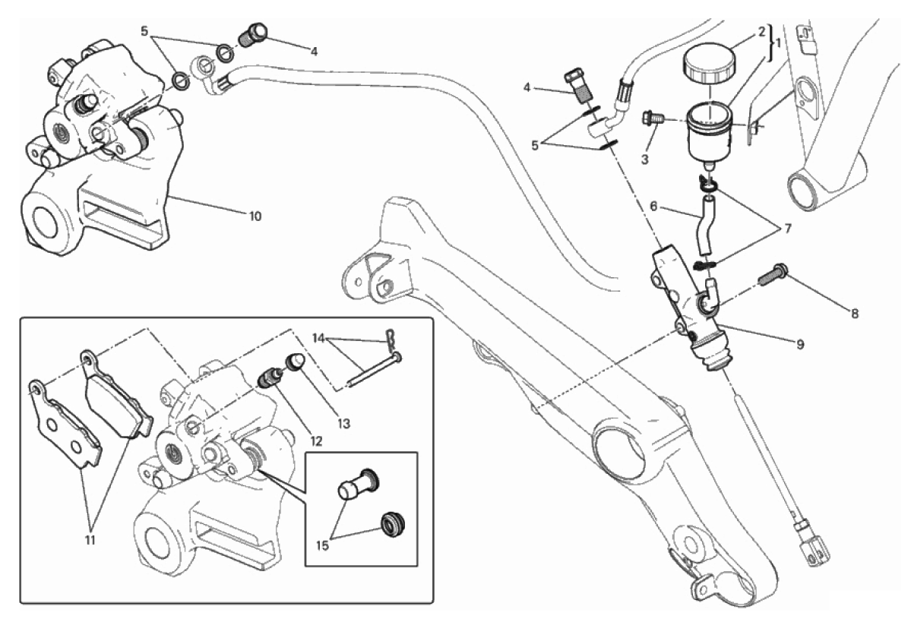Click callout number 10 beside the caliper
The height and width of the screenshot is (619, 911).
(255, 216)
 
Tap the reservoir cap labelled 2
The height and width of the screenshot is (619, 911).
(708, 65)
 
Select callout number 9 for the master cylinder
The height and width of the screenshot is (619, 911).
(800, 344)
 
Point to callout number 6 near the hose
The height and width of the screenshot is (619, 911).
(653, 206)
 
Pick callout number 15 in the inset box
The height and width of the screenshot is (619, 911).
(322, 545)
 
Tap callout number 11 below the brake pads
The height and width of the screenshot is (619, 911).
(90, 539)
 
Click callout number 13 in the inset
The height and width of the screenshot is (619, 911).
(344, 424)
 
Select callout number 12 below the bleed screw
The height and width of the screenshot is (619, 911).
(315, 441)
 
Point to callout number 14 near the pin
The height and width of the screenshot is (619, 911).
(318, 338)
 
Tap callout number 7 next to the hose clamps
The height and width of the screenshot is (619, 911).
(788, 229)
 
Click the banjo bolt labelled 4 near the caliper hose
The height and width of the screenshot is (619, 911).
(253, 33)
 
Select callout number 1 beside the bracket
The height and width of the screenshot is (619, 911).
(777, 43)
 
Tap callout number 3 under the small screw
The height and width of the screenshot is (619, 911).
(644, 159)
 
